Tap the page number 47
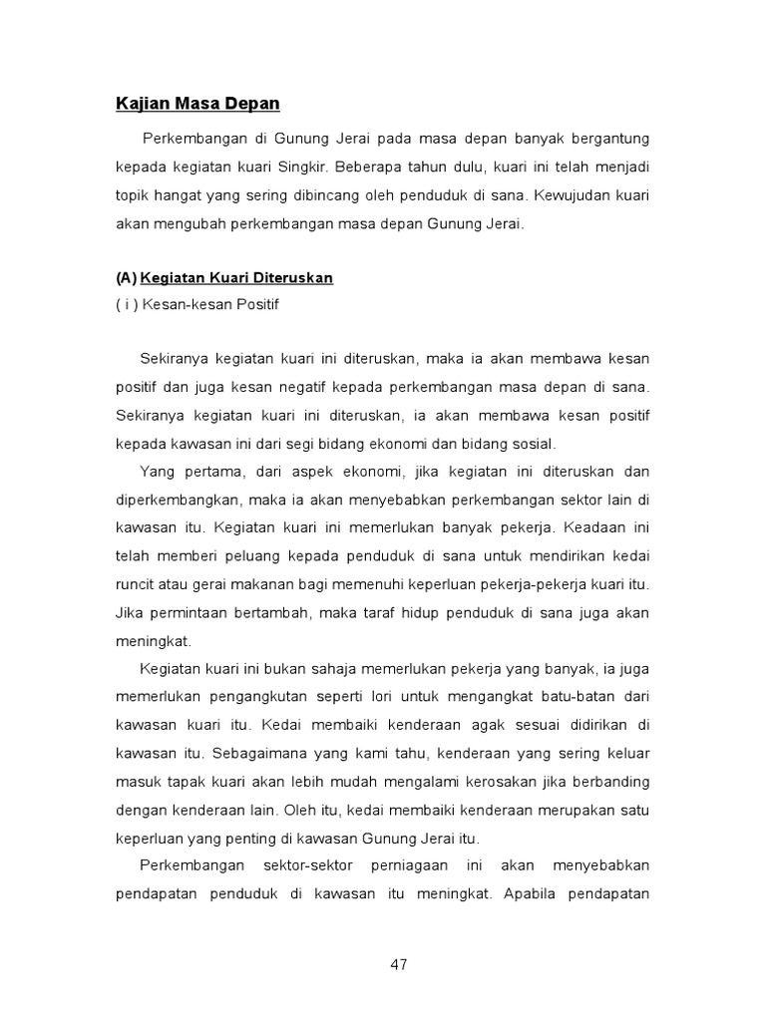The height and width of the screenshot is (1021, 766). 399,964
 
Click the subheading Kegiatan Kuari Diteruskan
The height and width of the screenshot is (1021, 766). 236,278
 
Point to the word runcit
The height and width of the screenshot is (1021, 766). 137,583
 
